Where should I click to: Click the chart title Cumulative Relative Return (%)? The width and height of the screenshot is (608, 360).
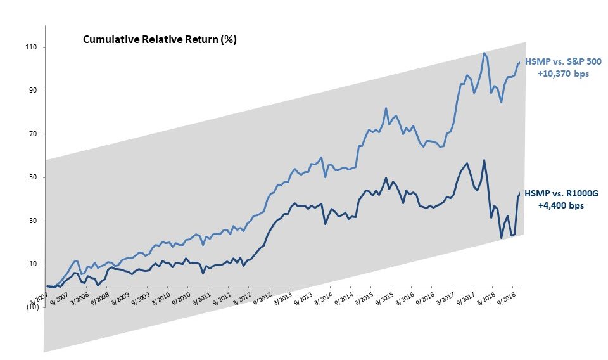pyautogui.click(x=160, y=39)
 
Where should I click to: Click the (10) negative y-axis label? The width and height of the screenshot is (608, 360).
pyautogui.click(x=32, y=307)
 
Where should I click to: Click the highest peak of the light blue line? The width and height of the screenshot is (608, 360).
pyautogui.click(x=484, y=53)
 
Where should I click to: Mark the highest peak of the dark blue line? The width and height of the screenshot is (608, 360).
pyautogui.click(x=484, y=160)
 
